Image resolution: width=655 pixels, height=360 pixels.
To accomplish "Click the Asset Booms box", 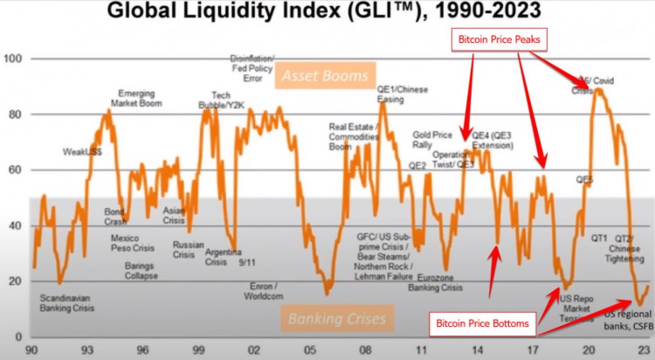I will pos(325,77).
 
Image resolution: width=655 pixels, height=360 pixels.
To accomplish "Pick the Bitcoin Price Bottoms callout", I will pos(483,323).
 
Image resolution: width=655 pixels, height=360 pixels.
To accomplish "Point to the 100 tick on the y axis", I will pos(15,59).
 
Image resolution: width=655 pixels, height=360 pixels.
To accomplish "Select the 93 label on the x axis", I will pos(88,350).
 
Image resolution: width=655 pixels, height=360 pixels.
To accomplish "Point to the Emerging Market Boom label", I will pos(139,99).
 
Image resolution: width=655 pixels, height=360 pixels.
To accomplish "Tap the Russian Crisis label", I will pos(189,250).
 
